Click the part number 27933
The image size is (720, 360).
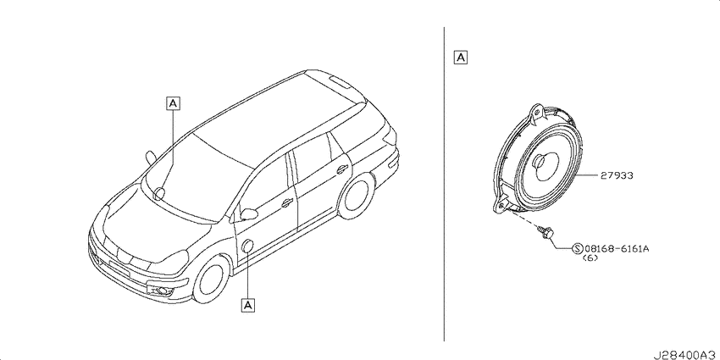pyautogui.click(x=616, y=175)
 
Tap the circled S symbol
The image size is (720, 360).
pyautogui.click(x=578, y=249)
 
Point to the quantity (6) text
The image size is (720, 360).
pyautogui.click(x=590, y=258)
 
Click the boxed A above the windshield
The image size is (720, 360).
pyautogui.click(x=173, y=104)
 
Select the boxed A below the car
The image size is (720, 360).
pyautogui.click(x=248, y=304)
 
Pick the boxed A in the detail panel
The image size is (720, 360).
pyautogui.click(x=460, y=58)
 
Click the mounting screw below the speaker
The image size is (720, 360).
pyautogui.click(x=546, y=231)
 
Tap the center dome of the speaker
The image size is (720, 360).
pyautogui.click(x=538, y=162)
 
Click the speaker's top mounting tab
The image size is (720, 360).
pyautogui.click(x=536, y=112)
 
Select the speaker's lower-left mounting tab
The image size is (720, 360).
pyautogui.click(x=501, y=204)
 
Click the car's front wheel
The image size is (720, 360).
pyautogui.click(x=212, y=280)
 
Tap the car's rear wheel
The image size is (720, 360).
pyautogui.click(x=357, y=196)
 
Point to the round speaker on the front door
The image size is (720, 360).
pyautogui.click(x=247, y=246)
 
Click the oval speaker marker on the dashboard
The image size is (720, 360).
pyautogui.click(x=159, y=194)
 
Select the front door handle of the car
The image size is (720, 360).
pyautogui.click(x=287, y=202)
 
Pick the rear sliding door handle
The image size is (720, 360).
pyautogui.click(x=341, y=169)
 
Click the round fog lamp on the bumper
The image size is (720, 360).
pyautogui.click(x=163, y=290)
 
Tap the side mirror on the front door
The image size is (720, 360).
pyautogui.click(x=249, y=213)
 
